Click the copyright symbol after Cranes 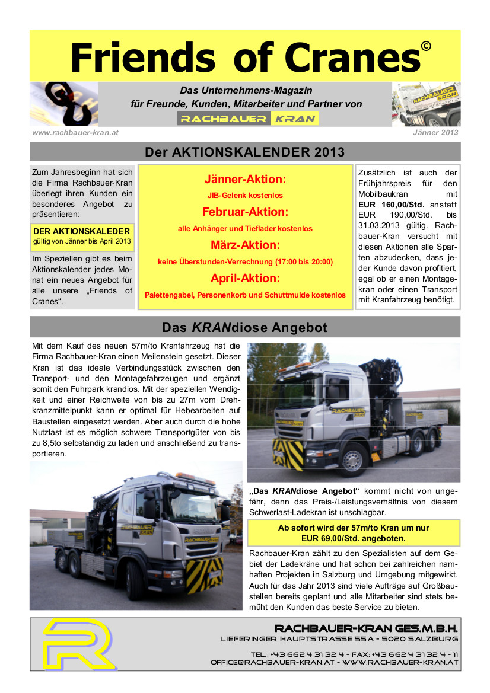(x=425, y=47)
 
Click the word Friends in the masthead (x=142, y=58)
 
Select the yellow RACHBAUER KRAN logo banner (x=248, y=119)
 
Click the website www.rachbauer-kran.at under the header (x=75, y=133)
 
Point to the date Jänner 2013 (x=435, y=133)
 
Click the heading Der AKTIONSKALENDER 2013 (x=245, y=152)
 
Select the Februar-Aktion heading (x=245, y=212)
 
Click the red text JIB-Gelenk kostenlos (x=245, y=195)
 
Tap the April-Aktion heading (x=245, y=278)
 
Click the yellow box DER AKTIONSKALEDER (x=82, y=237)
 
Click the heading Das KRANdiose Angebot (x=245, y=327)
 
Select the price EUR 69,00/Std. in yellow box (x=353, y=538)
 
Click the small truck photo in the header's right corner (x=426, y=104)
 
